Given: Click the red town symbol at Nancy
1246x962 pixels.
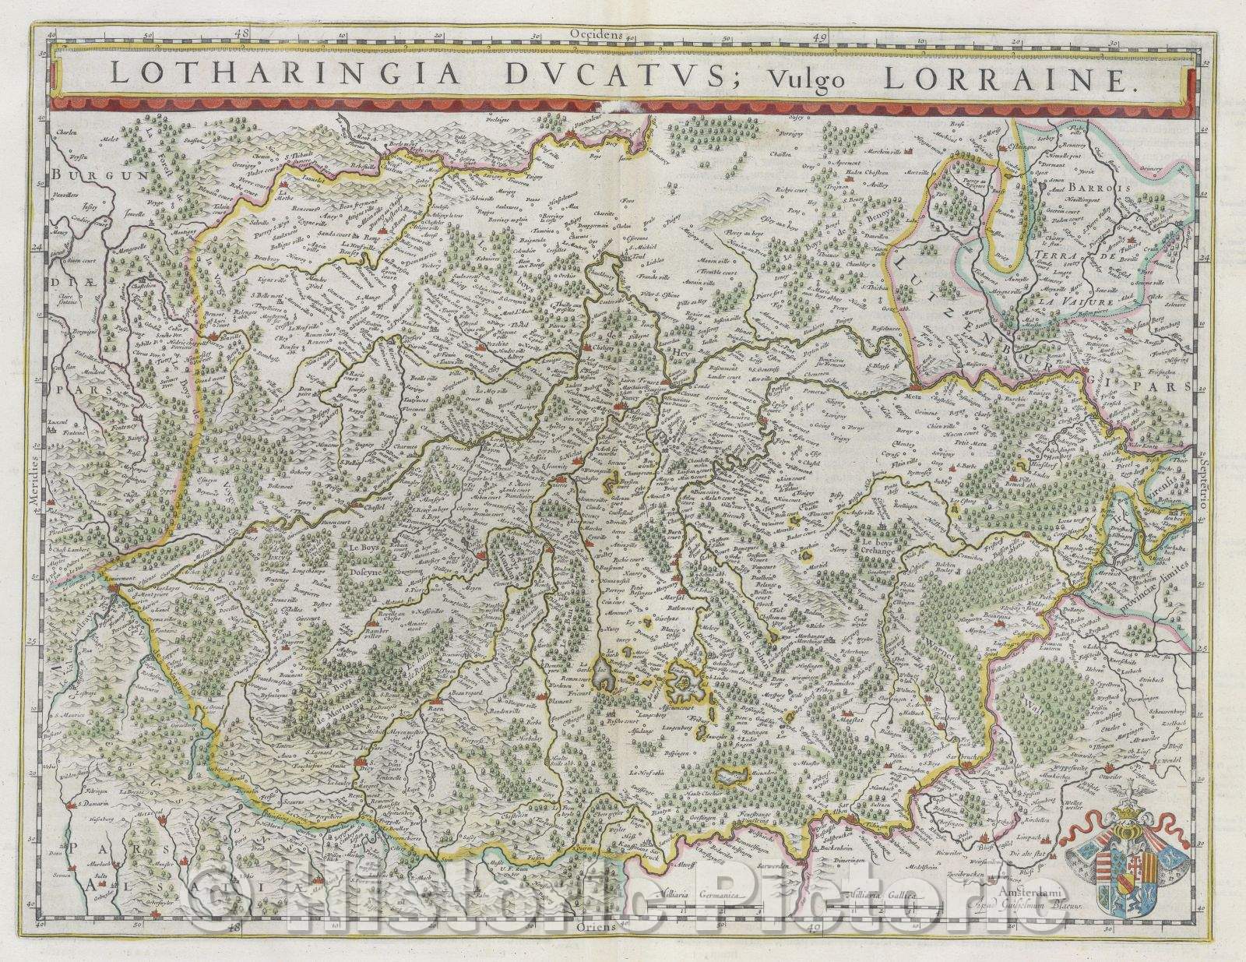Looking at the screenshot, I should (621, 406).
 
